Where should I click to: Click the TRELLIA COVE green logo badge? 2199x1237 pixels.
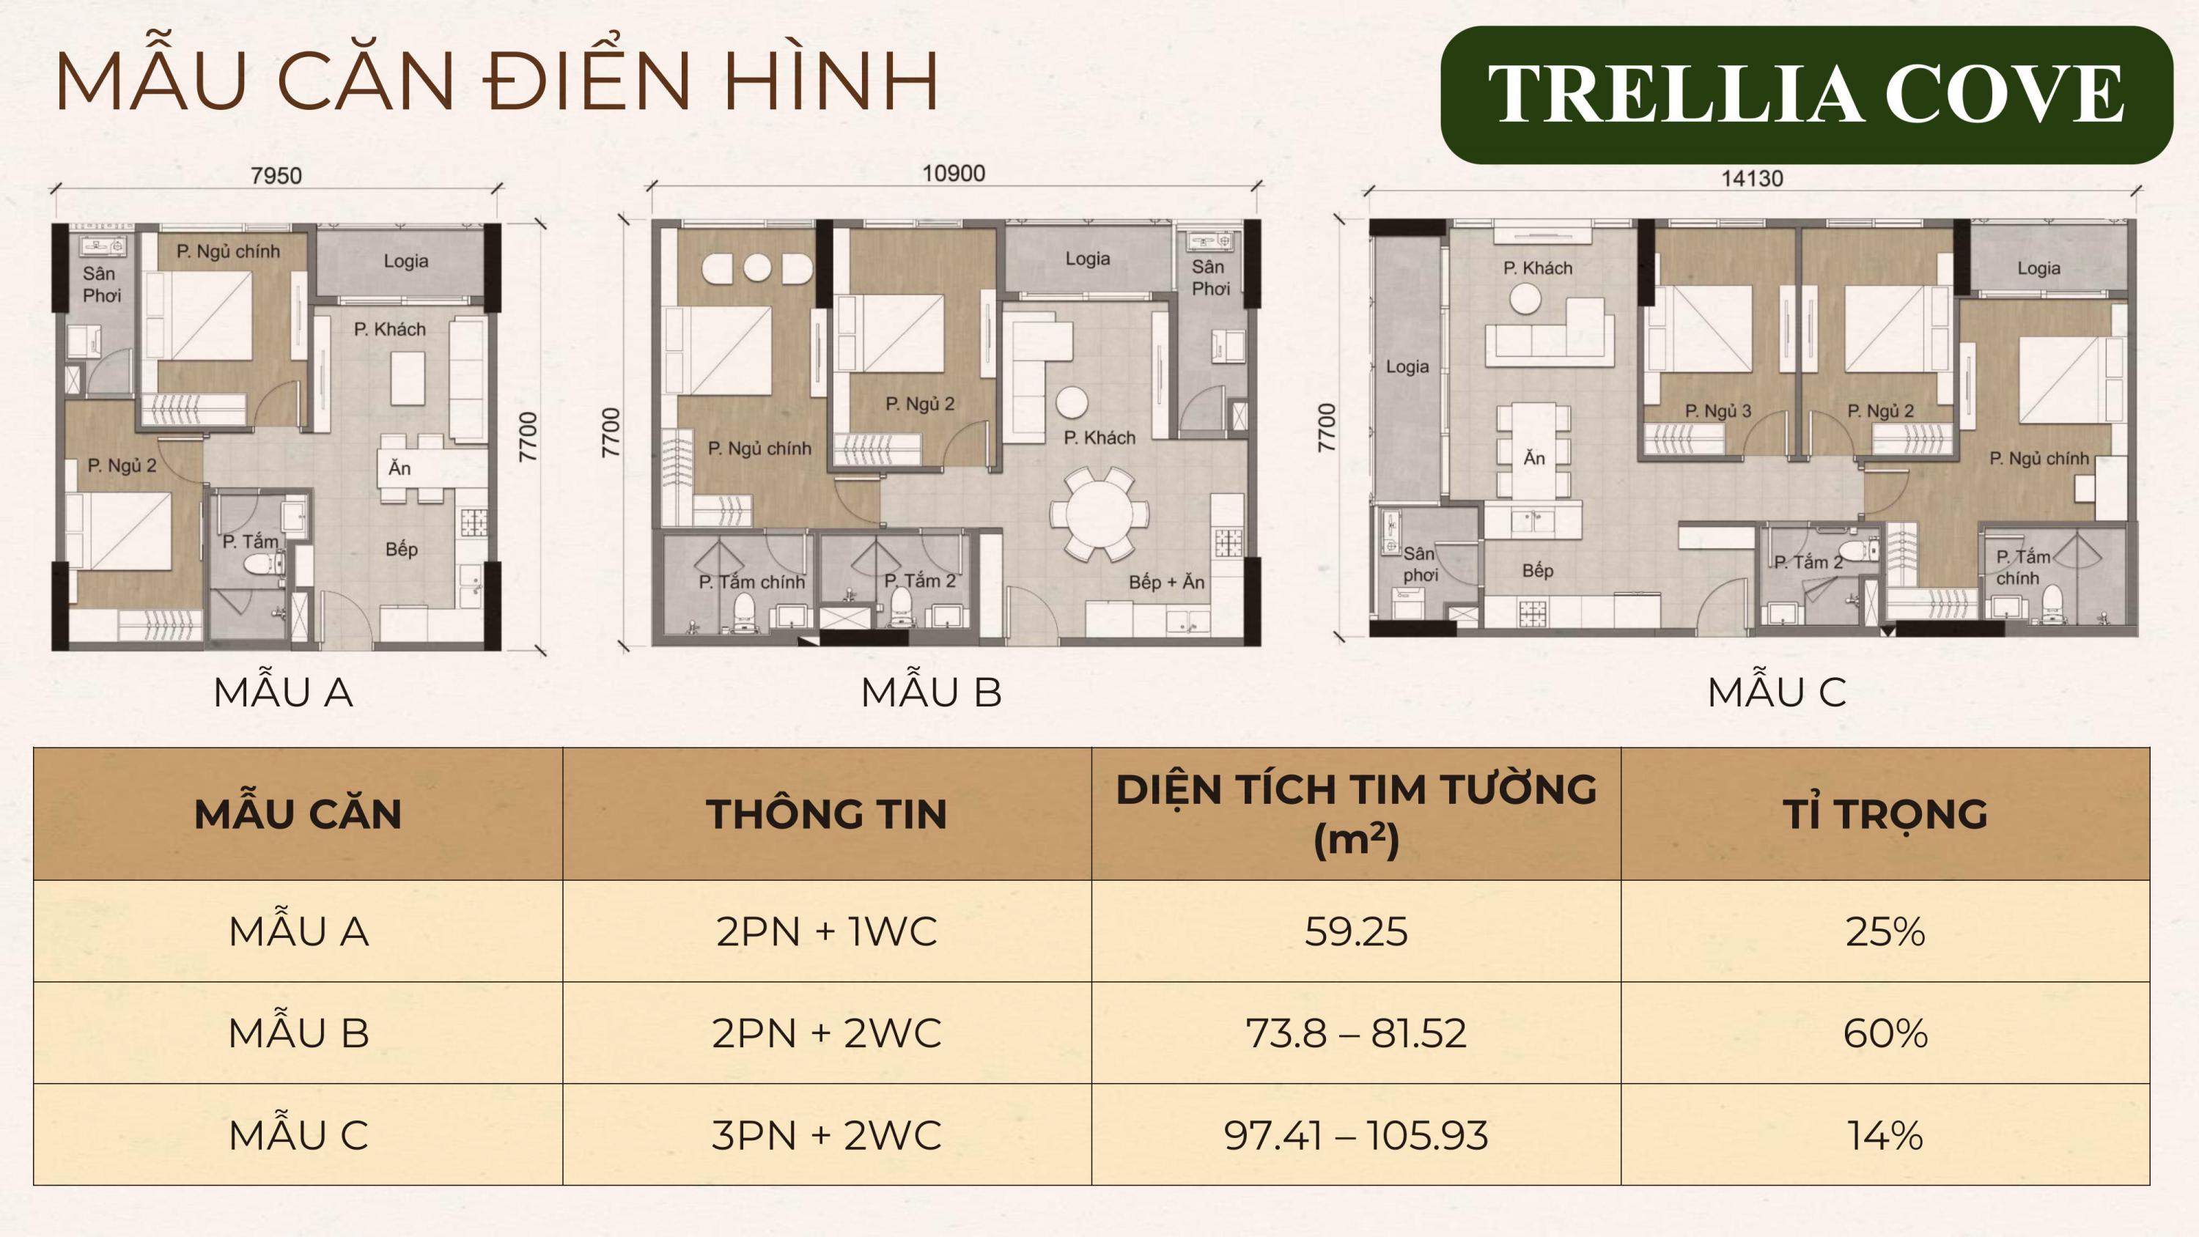click(1806, 95)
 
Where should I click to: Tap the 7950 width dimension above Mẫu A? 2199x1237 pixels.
click(276, 176)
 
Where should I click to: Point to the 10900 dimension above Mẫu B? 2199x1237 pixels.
click(954, 173)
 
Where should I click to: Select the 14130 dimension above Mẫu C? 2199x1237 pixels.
click(1752, 178)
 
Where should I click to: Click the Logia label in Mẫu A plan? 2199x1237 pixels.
click(405, 261)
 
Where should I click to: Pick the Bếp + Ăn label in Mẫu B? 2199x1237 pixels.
click(1166, 582)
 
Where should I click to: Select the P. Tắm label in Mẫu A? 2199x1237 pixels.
click(250, 542)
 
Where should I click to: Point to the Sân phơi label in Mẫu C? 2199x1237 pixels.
click(1420, 564)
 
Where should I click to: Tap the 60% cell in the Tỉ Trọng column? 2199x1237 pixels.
click(1885, 1033)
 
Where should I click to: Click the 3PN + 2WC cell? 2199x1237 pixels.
click(826, 1135)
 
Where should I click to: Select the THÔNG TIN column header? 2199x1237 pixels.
click(826, 813)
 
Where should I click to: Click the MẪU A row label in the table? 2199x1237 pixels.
click(299, 931)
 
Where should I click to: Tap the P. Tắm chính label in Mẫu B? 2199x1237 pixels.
click(751, 582)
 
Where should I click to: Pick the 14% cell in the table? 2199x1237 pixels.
click(1885, 1135)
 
